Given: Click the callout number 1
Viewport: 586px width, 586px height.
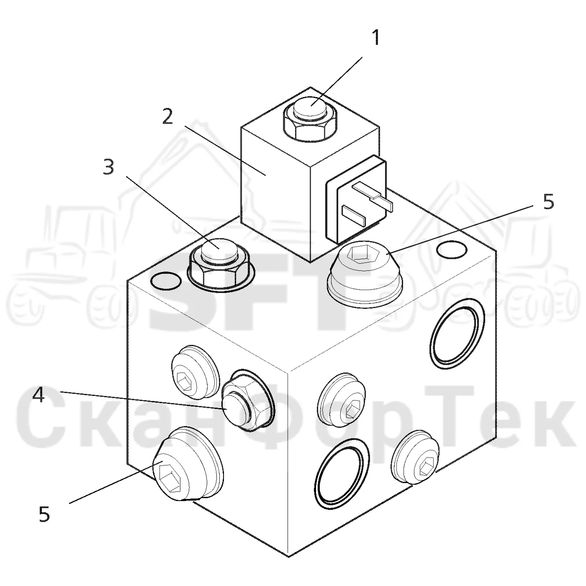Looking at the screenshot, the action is coord(376,37).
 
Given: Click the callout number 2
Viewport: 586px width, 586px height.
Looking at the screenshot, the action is coord(167,116).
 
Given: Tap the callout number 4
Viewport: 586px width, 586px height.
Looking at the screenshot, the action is coord(39,396).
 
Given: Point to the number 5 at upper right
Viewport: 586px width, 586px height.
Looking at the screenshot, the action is coord(549,202).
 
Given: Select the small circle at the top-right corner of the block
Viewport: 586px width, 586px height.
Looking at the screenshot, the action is coord(451,249).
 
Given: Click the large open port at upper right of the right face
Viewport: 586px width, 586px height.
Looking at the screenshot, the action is coord(457,334).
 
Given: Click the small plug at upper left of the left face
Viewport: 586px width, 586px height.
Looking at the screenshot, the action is coord(195,372).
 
